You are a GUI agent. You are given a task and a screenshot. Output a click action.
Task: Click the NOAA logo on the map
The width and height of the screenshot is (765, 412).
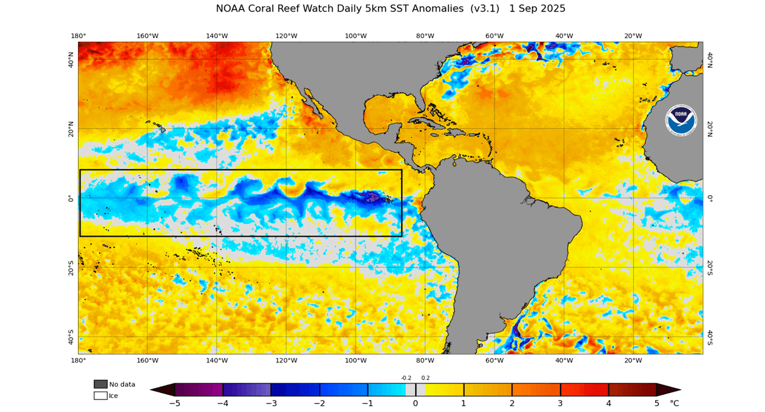pyautogui.click(x=681, y=120)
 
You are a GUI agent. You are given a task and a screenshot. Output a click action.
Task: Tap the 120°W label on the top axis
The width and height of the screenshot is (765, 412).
pyautogui.click(x=286, y=36)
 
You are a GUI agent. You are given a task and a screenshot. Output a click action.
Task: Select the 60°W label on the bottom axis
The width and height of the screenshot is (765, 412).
pyautogui.click(x=495, y=361)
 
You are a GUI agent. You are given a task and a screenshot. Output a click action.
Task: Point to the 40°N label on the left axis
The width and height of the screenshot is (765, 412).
pyautogui.click(x=71, y=60)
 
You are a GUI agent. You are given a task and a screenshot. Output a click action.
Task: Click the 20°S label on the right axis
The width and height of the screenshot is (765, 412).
pyautogui.click(x=711, y=268)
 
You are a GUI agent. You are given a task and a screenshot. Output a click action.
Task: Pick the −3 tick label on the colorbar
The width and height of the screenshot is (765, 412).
pyautogui.click(x=270, y=403)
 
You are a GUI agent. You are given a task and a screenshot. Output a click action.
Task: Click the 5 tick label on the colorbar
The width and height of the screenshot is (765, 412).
pyautogui.click(x=656, y=403)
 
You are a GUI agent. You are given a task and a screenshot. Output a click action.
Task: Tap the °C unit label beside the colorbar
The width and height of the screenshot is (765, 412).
pyautogui.click(x=674, y=403)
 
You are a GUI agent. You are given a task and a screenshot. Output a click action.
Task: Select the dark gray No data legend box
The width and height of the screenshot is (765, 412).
pyautogui.click(x=100, y=384)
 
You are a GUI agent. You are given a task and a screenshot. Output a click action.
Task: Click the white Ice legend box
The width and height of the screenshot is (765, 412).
pyautogui.click(x=100, y=395)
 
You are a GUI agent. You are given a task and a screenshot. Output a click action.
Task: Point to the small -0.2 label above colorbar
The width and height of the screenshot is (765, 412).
pyautogui.click(x=406, y=378)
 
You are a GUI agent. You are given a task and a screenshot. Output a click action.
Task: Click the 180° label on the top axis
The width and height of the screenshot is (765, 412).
pyautogui.click(x=79, y=36)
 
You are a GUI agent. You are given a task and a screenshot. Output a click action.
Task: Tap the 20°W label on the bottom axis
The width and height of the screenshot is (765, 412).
pyautogui.click(x=633, y=361)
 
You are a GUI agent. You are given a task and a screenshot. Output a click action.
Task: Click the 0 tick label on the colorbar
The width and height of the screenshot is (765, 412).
pyautogui.click(x=416, y=403)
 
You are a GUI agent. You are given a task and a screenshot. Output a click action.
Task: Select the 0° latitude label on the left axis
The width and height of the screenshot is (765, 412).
pyautogui.click(x=71, y=199)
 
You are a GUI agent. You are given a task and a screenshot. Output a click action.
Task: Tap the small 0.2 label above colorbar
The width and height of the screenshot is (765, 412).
pyautogui.click(x=425, y=378)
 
